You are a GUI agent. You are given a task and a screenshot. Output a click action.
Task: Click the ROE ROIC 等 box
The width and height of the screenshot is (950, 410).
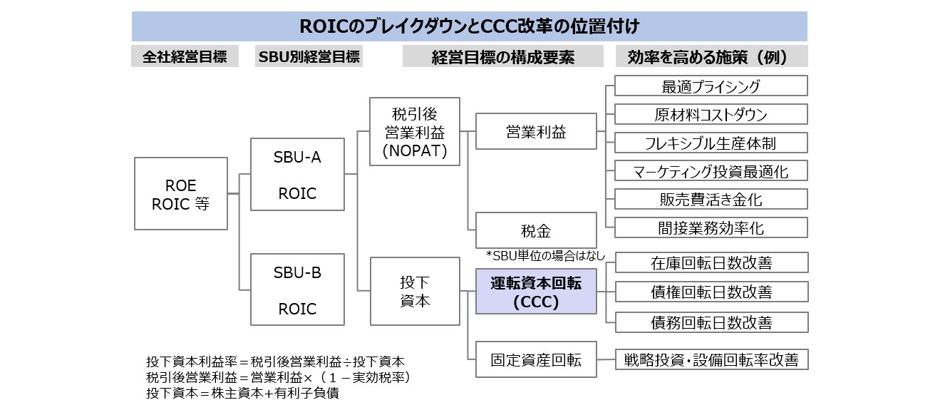(181, 193)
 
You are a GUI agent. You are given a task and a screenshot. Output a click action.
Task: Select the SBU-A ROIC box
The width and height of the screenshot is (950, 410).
(297, 174)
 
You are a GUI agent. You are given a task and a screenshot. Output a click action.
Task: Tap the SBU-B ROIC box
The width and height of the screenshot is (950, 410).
(297, 289)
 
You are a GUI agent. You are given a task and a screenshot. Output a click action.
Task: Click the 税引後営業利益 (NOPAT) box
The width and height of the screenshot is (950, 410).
(414, 132)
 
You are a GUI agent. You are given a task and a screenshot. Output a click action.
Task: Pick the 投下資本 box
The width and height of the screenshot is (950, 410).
(415, 291)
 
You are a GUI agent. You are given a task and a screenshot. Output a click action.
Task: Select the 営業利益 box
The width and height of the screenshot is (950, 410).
(536, 131)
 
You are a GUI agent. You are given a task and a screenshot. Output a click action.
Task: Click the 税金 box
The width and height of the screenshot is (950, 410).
(536, 230)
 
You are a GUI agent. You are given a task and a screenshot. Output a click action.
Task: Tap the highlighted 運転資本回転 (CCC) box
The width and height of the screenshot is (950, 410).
(536, 291)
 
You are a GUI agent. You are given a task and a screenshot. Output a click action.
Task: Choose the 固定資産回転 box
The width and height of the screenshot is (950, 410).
(536, 359)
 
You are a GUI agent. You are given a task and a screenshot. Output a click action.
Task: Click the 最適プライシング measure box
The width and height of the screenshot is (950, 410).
(711, 86)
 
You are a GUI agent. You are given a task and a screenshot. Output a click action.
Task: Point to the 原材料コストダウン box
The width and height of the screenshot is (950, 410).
(711, 114)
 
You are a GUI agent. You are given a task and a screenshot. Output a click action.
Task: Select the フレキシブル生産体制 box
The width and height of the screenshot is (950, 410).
(711, 143)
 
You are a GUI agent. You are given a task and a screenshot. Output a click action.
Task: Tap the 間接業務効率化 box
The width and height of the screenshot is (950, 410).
(711, 227)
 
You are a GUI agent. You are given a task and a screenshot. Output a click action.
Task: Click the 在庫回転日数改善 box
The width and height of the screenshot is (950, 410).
(712, 262)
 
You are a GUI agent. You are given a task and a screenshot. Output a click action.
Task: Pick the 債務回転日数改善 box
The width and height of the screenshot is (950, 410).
(712, 322)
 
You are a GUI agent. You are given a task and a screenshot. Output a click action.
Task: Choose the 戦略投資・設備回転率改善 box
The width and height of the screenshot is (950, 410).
(712, 359)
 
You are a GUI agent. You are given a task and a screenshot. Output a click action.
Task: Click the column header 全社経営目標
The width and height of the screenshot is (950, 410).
(185, 56)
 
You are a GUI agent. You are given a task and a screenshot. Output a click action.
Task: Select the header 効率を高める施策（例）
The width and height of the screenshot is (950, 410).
(712, 56)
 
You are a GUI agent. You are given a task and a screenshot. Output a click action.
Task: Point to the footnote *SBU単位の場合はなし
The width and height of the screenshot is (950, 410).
(545, 255)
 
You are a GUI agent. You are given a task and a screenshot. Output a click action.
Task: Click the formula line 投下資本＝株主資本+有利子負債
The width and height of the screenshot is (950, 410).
(242, 393)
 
